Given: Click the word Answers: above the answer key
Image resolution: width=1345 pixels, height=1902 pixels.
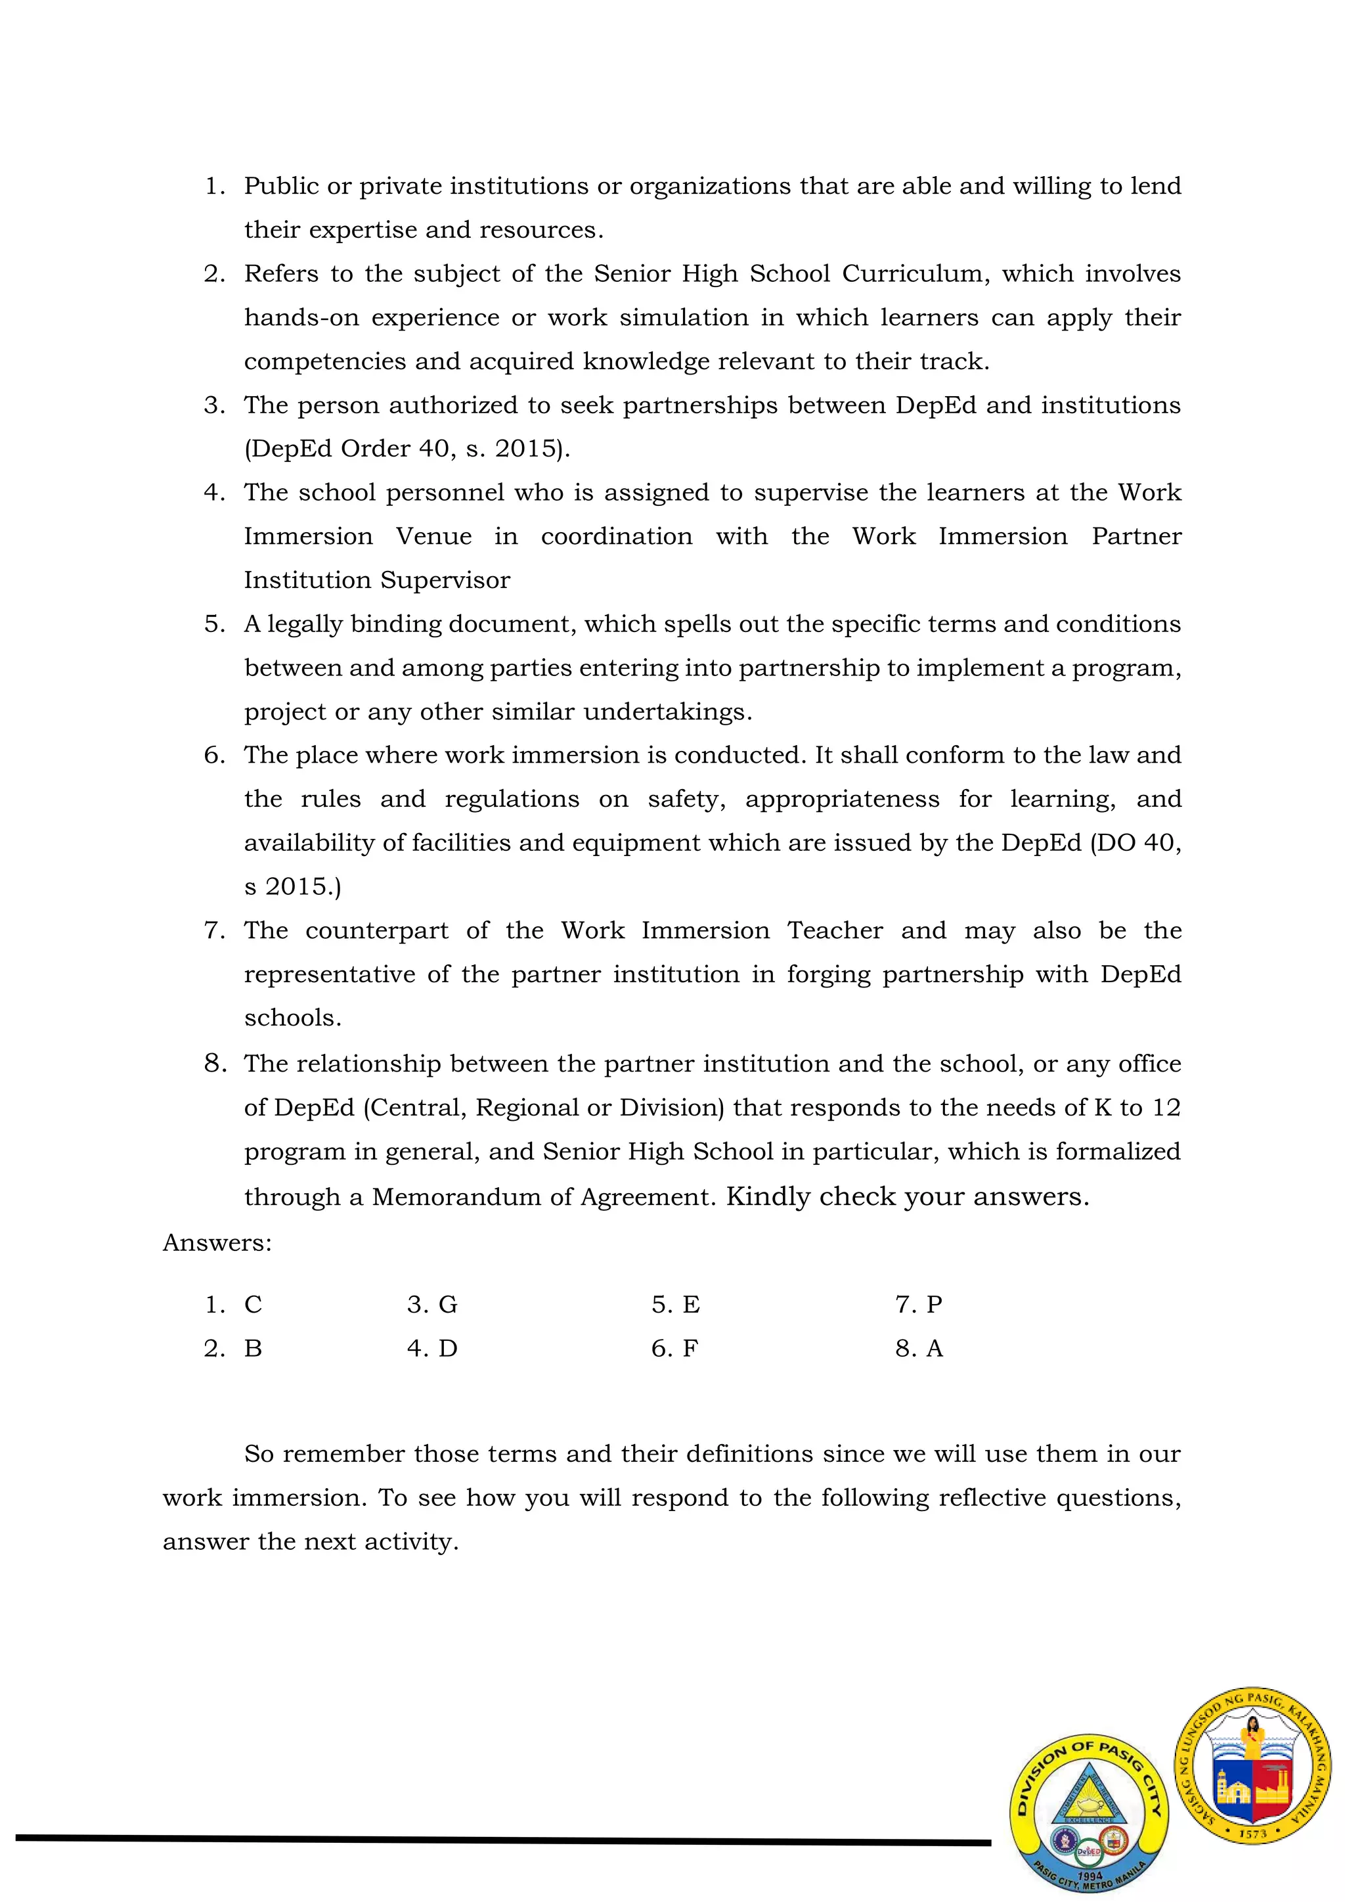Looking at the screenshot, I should (217, 1242).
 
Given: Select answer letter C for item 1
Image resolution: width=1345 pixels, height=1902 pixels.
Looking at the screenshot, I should (253, 1305).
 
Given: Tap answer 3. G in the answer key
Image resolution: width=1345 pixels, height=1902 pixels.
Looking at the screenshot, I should (431, 1305).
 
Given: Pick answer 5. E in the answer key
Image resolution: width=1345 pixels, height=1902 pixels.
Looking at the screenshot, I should (675, 1305).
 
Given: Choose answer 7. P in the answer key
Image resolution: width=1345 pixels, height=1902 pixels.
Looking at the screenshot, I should (919, 1305).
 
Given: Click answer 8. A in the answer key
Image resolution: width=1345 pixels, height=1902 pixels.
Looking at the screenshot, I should (919, 1349).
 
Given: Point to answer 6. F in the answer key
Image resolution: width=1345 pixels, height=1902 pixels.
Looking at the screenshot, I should (674, 1349).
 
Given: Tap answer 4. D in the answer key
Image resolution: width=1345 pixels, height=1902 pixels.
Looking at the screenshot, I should (431, 1349).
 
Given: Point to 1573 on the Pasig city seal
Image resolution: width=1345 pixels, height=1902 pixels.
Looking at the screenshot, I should (1252, 1834).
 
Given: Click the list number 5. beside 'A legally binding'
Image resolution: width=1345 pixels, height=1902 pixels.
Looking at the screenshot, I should (215, 623).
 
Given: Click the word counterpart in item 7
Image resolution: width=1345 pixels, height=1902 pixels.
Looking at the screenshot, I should (377, 930).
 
